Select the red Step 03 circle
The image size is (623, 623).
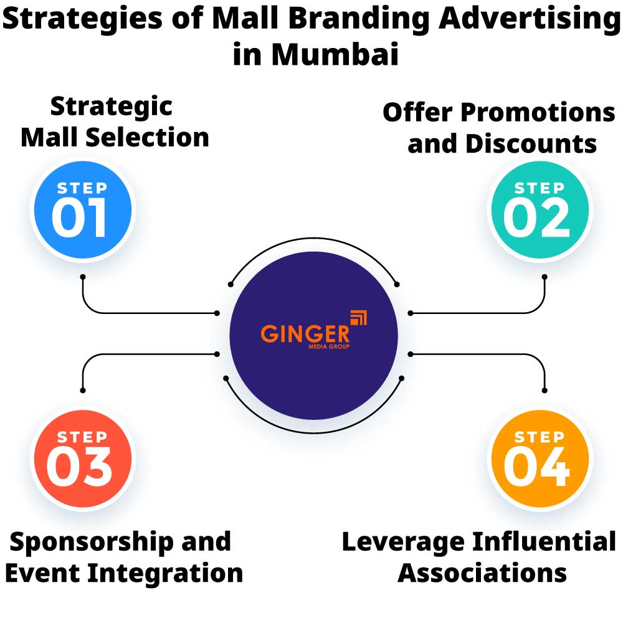[x=82, y=461]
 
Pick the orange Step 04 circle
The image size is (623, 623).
[x=540, y=461]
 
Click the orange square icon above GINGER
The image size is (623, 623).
[x=359, y=317]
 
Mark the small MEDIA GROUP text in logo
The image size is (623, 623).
[x=329, y=346]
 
